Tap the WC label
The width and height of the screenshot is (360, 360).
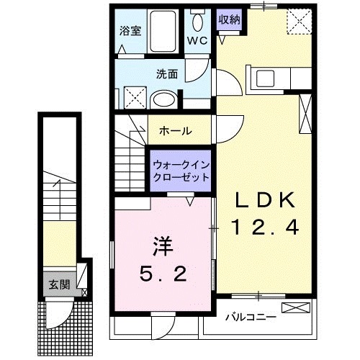(x=197, y=40)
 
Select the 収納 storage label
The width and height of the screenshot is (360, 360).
(x=229, y=20)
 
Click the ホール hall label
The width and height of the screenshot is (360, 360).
(x=176, y=131)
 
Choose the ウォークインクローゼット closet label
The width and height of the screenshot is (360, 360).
(x=180, y=170)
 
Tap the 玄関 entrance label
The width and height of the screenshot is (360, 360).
(x=59, y=284)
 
